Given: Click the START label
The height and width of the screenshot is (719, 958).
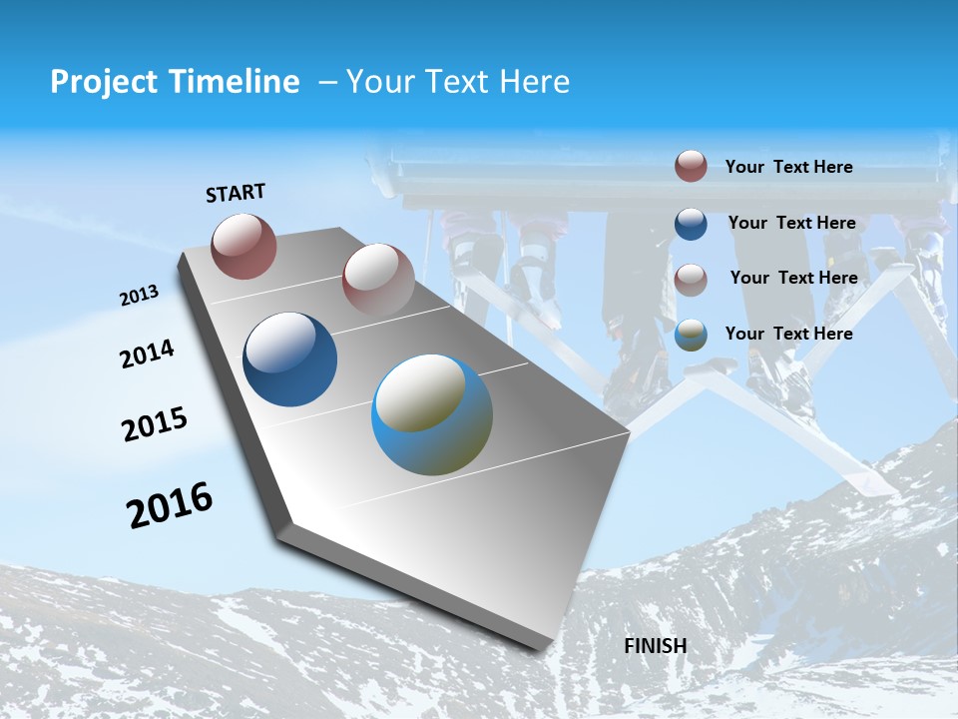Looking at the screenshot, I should (236, 193).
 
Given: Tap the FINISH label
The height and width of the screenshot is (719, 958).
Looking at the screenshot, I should (655, 645).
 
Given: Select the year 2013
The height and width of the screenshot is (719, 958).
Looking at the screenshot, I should (140, 295).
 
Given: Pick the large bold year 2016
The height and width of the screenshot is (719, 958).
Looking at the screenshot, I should (170, 505).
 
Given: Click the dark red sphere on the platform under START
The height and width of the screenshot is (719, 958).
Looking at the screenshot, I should (243, 246).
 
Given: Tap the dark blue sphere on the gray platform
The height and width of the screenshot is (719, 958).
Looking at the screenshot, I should (289, 359).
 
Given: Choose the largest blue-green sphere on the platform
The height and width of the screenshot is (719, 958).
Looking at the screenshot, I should (432, 414).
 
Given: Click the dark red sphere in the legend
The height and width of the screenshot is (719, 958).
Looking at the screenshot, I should (691, 167).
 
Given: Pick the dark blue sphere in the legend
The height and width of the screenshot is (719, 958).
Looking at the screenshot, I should (691, 224).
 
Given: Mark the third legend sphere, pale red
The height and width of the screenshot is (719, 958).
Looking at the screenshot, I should (691, 280).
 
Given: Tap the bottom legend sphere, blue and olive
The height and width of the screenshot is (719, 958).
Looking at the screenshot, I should (691, 336).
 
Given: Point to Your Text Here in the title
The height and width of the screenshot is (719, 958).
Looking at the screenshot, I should (457, 82).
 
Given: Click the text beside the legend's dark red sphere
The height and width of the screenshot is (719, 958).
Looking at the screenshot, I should (788, 167).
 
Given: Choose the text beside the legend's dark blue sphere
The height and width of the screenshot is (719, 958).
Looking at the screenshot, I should (791, 223).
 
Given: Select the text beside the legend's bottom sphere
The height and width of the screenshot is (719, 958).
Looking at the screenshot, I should (788, 334).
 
